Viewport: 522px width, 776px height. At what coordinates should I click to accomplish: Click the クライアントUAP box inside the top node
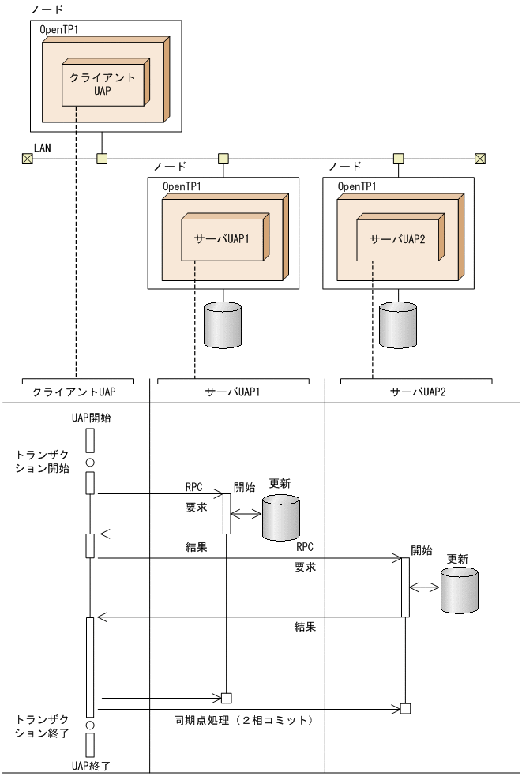pos(102,83)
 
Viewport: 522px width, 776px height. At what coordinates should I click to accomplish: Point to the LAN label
pos(43,148)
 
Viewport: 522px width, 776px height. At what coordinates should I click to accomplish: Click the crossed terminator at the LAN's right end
pos(479,159)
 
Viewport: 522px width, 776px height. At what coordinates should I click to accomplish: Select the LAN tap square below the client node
pos(101,159)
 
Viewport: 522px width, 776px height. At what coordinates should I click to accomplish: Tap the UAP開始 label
pos(90,418)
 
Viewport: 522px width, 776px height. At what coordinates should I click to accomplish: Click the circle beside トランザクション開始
pos(90,462)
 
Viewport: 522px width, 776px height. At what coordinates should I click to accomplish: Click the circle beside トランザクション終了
pos(90,723)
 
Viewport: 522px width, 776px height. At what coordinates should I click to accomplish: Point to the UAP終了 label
pos(90,765)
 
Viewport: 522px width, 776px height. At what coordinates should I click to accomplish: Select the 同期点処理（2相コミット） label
pos(244,720)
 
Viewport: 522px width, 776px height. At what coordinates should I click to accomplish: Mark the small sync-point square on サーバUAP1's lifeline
pos(226,697)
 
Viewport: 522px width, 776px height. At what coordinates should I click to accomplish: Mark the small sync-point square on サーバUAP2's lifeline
pos(405,707)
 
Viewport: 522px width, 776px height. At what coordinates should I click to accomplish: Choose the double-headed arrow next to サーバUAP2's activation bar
pos(425,587)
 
